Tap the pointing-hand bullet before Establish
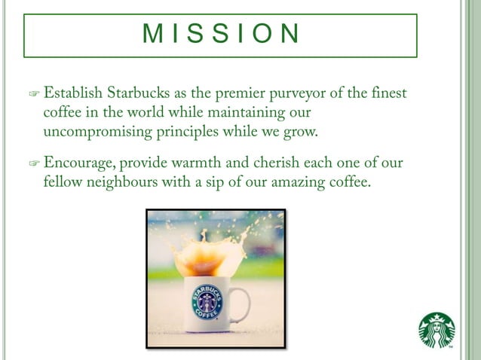tap(33, 95)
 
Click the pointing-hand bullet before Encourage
tap(33, 163)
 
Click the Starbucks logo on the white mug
tap(207, 301)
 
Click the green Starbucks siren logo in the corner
tap(437, 331)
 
